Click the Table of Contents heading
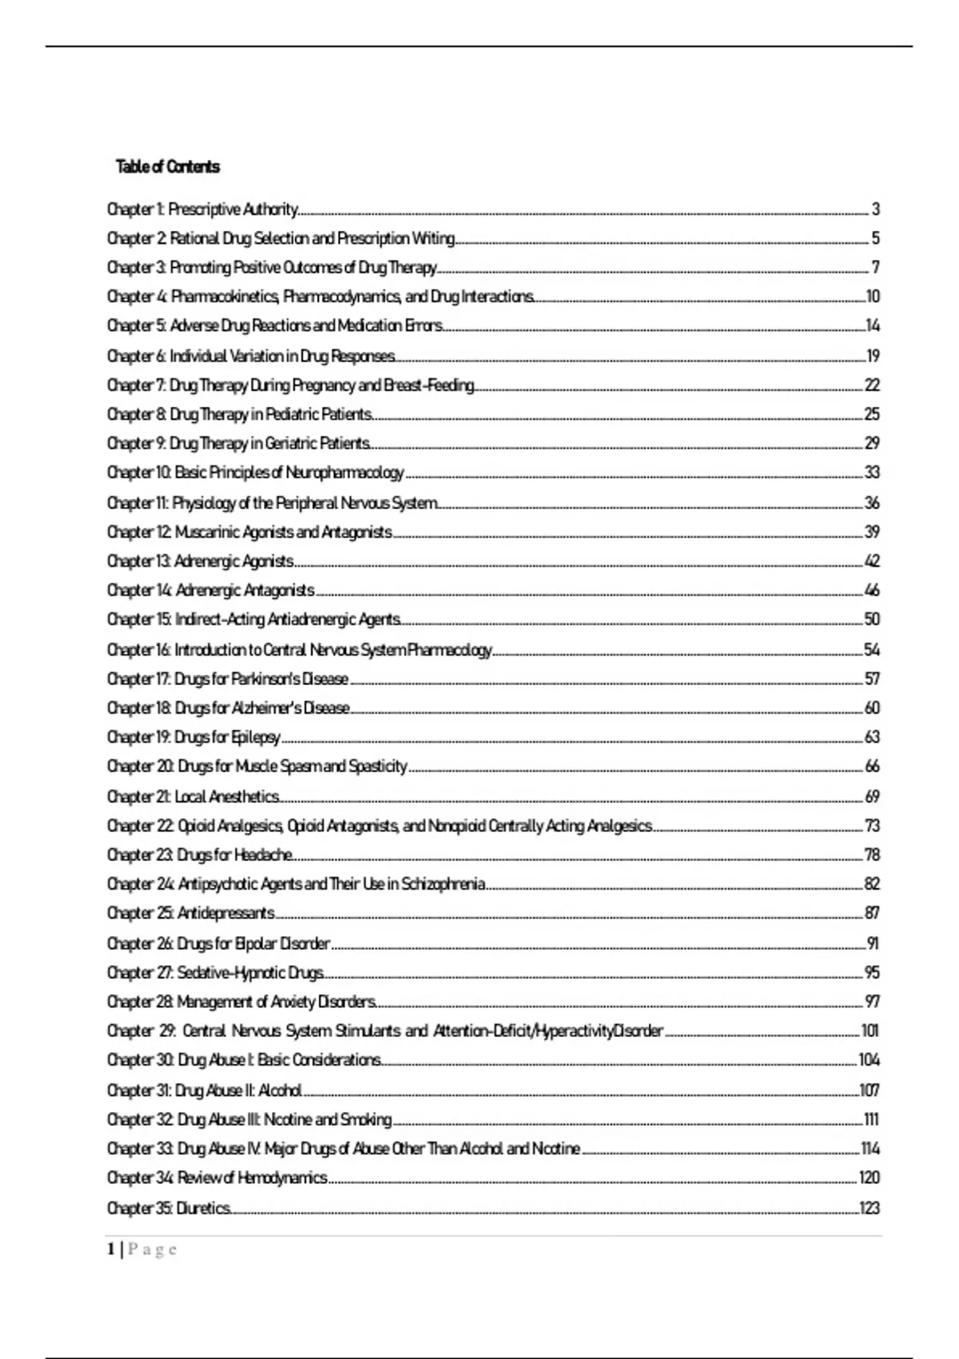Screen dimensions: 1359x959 (x=168, y=167)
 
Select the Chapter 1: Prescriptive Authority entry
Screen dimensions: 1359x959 (x=203, y=209)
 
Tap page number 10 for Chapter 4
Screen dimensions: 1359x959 (x=872, y=297)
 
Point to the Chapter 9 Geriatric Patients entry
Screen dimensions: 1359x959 (x=238, y=443)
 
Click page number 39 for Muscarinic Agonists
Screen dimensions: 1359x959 (x=872, y=532)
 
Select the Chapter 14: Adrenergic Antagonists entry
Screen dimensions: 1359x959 (x=211, y=590)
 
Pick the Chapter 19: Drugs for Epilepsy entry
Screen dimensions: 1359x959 (x=193, y=737)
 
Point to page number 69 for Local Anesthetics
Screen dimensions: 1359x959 (x=872, y=796)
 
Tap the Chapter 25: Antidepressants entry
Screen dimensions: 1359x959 (x=191, y=913)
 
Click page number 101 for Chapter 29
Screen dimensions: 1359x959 (x=869, y=1030)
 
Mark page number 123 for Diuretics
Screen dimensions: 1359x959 (x=869, y=1207)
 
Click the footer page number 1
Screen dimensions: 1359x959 (x=111, y=1249)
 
